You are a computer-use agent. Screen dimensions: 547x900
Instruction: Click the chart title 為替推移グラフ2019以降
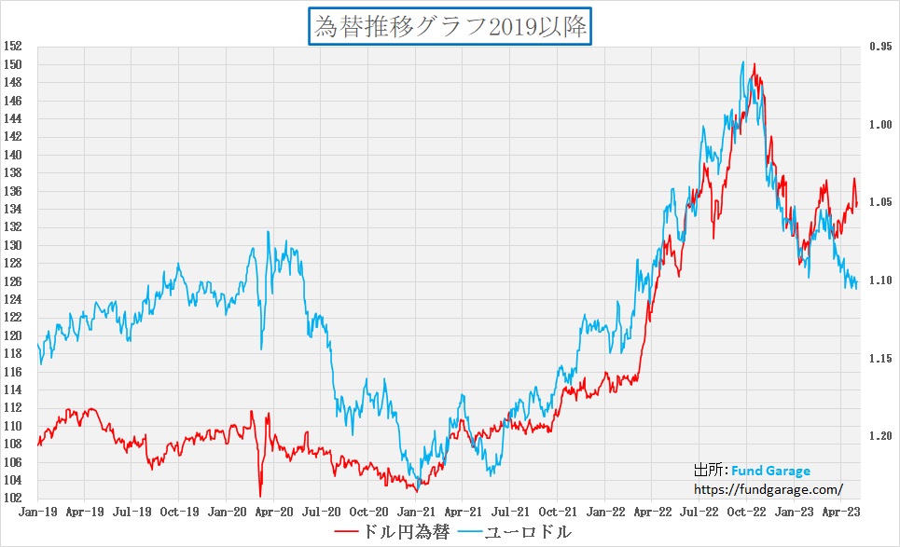(450, 26)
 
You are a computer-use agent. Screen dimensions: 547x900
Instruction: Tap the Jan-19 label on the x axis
(35, 512)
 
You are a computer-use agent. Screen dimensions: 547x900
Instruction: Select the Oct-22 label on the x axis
(746, 512)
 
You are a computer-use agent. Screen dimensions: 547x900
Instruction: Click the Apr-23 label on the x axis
(842, 512)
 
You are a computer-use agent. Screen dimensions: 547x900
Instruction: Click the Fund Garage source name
(770, 471)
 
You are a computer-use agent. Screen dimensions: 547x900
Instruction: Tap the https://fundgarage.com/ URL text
(768, 487)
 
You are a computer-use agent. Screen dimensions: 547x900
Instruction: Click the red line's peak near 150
(754, 64)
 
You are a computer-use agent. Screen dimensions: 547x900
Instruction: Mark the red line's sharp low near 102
(260, 496)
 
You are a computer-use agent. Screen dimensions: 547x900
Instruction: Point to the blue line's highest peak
(742, 62)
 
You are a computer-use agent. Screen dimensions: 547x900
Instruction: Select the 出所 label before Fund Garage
(709, 471)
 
